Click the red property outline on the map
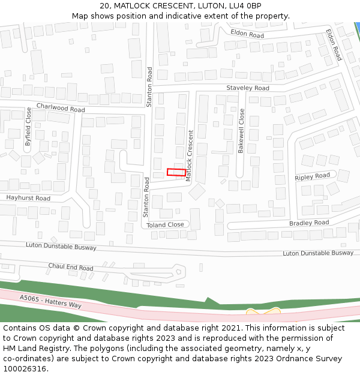click(x=176, y=172)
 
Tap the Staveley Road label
click(x=248, y=88)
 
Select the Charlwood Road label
click(x=61, y=108)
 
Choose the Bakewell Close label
click(x=241, y=131)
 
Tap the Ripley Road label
click(x=313, y=176)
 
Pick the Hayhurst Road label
click(x=28, y=198)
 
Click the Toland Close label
click(x=165, y=224)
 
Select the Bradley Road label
click(x=309, y=223)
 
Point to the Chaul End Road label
click(x=71, y=267)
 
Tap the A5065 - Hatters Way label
click(x=50, y=301)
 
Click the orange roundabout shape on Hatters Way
click(x=263, y=313)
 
